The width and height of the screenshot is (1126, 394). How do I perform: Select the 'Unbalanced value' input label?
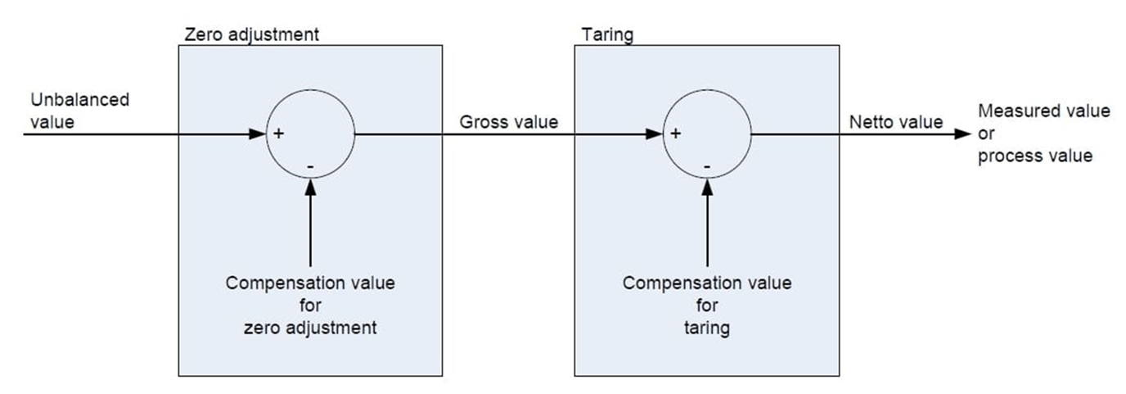(79, 110)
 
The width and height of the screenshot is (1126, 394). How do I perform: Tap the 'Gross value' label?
(508, 122)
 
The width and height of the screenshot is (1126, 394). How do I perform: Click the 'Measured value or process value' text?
(1043, 134)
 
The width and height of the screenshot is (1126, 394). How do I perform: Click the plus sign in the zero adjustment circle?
(279, 134)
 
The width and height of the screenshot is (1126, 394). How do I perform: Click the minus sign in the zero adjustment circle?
(310, 166)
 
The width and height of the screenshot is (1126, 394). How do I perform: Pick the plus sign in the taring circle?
(676, 134)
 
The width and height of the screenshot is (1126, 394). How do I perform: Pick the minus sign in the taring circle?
(707, 166)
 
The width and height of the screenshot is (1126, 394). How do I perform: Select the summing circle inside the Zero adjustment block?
(311, 134)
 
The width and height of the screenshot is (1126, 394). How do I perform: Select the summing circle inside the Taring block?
(708, 134)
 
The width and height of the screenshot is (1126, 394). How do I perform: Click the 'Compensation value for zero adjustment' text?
(310, 306)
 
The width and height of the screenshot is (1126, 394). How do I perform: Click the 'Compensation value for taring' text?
(707, 306)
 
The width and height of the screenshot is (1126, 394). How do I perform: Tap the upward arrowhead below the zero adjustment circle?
(310, 184)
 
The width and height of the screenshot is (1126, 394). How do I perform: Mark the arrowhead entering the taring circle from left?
(655, 134)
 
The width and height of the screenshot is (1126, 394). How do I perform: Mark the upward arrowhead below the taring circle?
(707, 184)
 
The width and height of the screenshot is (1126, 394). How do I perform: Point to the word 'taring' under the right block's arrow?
(707, 328)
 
